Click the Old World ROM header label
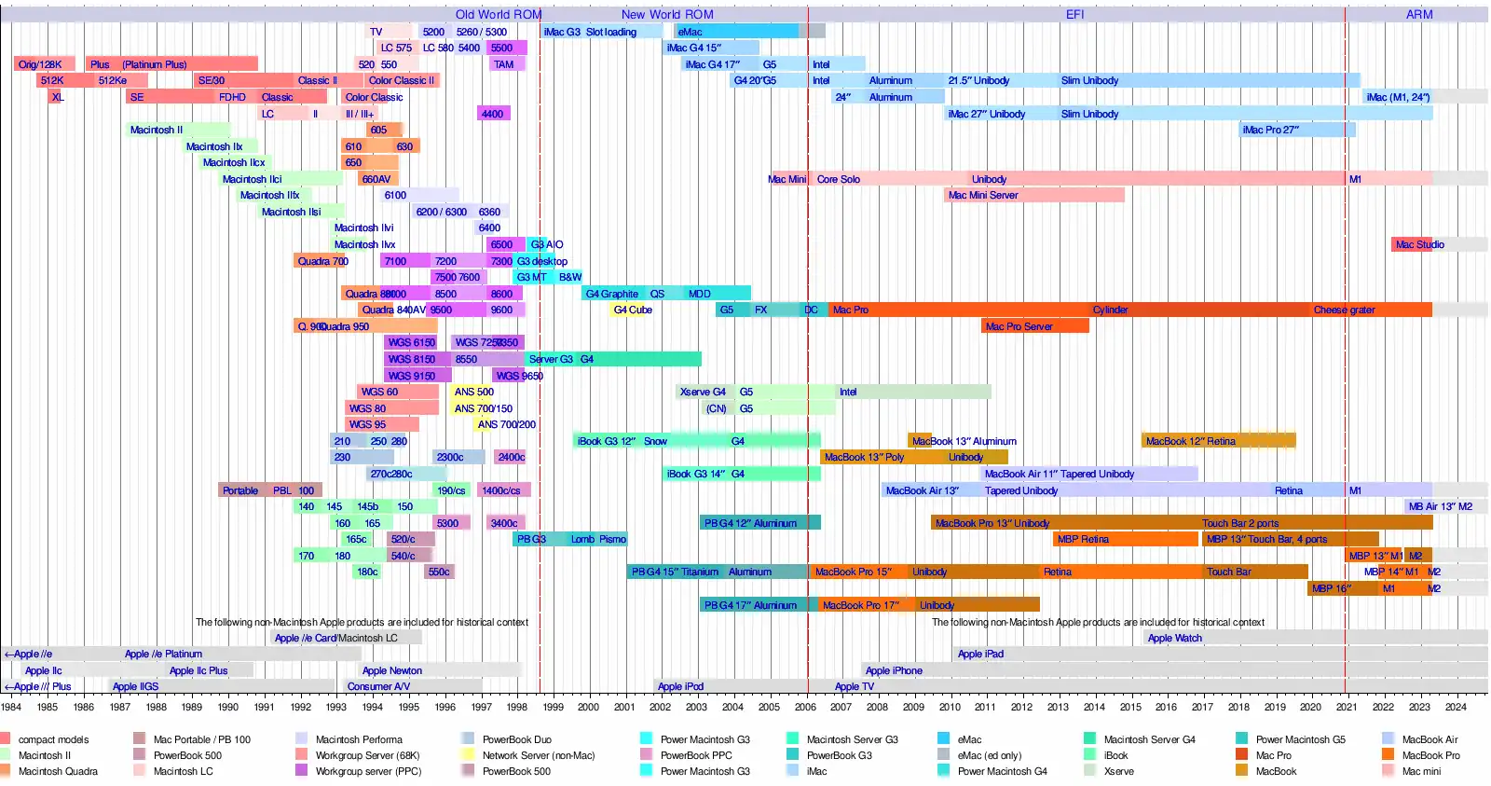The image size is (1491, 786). click(x=498, y=14)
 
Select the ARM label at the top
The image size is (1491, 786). click(x=1419, y=14)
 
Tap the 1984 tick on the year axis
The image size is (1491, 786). click(x=11, y=707)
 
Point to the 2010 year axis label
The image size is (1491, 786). click(x=950, y=707)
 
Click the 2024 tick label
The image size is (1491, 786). click(x=1456, y=707)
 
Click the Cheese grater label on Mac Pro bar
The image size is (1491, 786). click(x=1344, y=310)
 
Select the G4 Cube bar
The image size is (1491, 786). click(x=633, y=310)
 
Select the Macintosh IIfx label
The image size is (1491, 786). click(x=269, y=195)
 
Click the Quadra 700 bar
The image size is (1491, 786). click(x=322, y=261)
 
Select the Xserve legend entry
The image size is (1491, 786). click(x=1118, y=771)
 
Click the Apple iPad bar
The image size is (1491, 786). click(x=980, y=654)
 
